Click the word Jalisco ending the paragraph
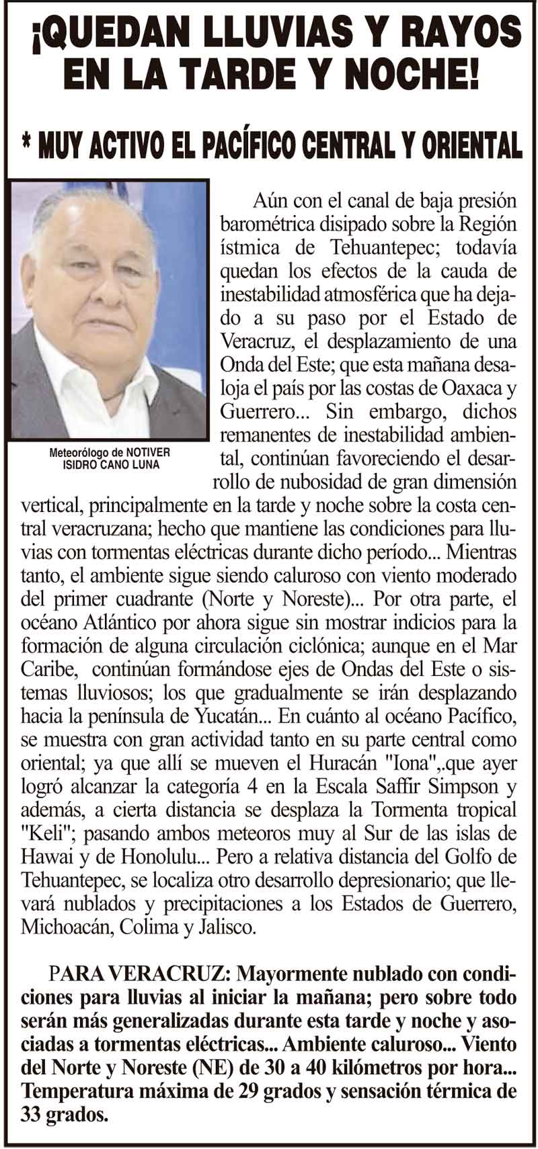(227, 927)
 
